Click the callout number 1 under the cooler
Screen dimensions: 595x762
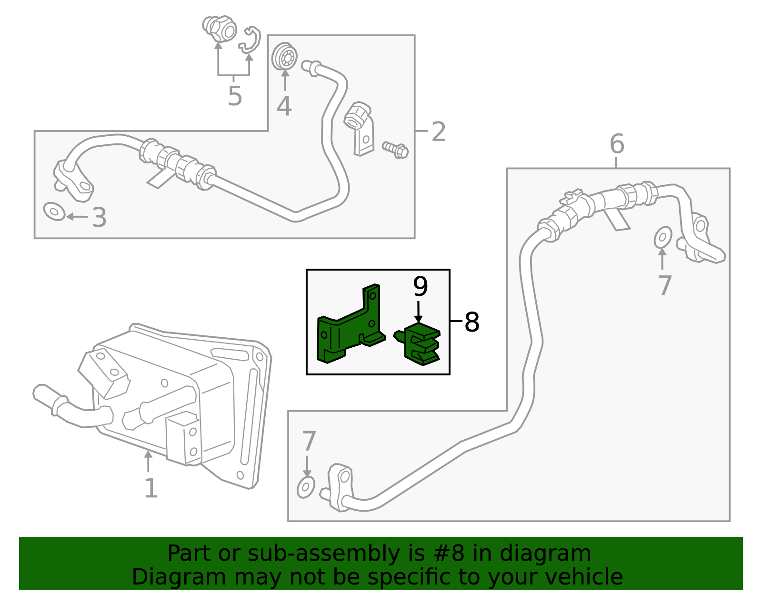tap(151, 488)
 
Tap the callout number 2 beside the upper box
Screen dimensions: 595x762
tap(438, 131)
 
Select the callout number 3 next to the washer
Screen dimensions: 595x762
tap(99, 217)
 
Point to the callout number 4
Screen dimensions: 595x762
tap(284, 106)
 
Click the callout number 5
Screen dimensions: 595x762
tap(235, 96)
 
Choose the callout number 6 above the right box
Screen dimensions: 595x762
tap(617, 143)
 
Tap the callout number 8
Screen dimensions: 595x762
tap(471, 322)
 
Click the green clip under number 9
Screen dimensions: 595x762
tap(421, 344)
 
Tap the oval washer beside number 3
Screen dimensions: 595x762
tap(54, 211)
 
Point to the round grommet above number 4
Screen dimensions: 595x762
tap(285, 57)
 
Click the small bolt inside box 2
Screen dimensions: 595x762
tap(396, 150)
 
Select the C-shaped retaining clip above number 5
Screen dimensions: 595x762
tap(251, 40)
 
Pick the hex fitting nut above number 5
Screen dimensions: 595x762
tap(220, 29)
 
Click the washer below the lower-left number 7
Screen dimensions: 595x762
tap(306, 487)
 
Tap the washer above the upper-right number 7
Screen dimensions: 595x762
tap(662, 237)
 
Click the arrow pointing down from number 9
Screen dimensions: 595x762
tap(418, 312)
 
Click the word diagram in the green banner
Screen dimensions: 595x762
tap(555, 554)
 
